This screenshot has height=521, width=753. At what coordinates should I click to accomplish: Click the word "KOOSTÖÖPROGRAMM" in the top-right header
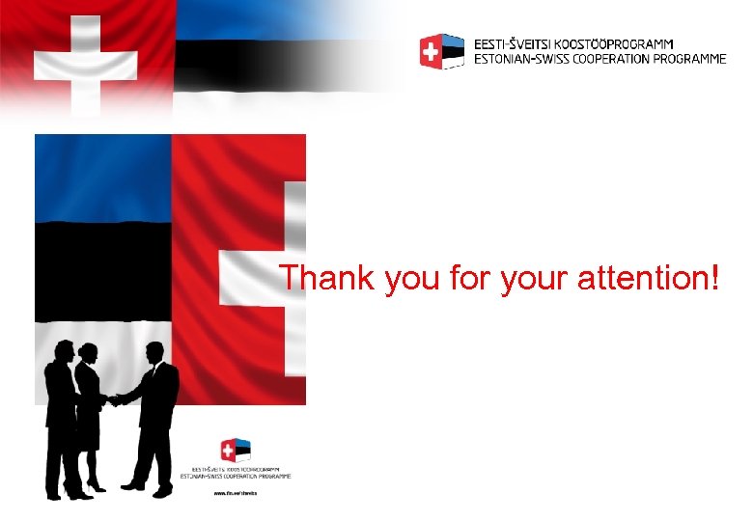click(x=612, y=43)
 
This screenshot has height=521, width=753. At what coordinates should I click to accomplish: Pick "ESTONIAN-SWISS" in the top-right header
click(x=522, y=59)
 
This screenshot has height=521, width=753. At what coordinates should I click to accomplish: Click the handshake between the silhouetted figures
click(x=114, y=398)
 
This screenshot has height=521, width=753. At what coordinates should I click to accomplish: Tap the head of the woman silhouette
click(x=88, y=352)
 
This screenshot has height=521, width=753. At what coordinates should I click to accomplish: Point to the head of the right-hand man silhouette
click(x=154, y=352)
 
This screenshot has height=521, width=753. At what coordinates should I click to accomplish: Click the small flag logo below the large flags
click(x=236, y=450)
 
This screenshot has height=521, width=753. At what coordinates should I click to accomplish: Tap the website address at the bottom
click(x=236, y=492)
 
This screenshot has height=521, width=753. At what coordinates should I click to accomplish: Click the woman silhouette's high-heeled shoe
click(x=94, y=484)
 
